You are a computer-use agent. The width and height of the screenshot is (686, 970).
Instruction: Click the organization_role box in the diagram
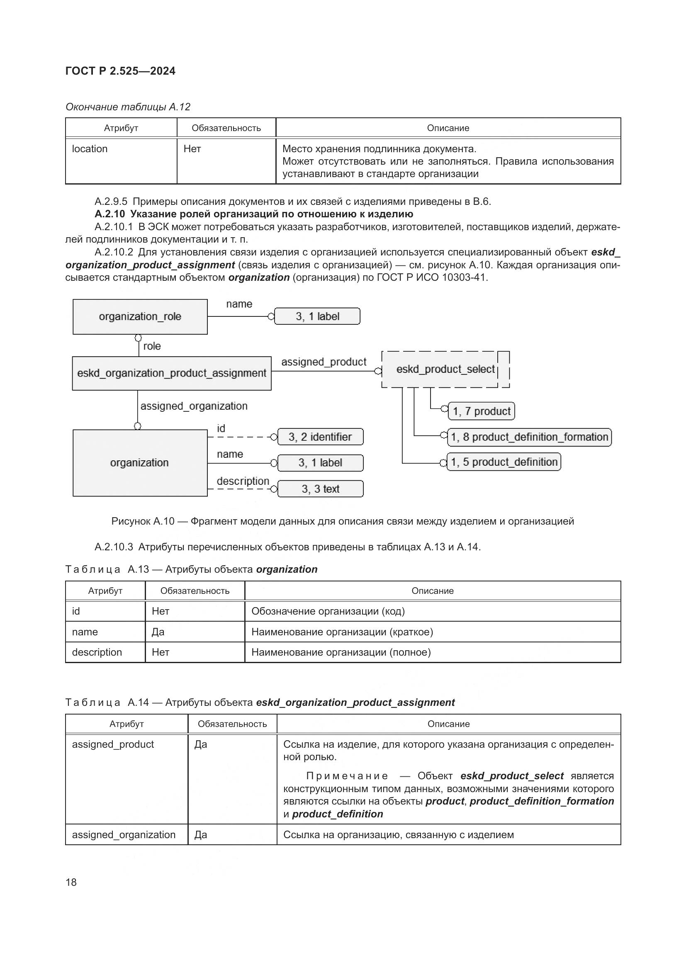[140, 316]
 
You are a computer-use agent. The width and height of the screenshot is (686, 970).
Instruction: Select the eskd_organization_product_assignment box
[172, 373]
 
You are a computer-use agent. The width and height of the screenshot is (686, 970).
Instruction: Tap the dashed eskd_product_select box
[445, 369]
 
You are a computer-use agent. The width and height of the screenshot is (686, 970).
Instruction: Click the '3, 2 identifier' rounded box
[320, 437]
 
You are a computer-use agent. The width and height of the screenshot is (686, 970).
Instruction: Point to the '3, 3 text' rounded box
[320, 489]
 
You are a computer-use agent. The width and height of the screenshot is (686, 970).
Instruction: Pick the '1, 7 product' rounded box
[481, 411]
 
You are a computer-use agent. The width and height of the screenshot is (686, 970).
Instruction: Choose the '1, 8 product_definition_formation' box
[529, 437]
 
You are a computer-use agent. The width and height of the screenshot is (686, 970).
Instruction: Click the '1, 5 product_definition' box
[504, 462]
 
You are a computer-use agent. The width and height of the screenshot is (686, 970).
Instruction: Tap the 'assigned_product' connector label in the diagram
[324, 362]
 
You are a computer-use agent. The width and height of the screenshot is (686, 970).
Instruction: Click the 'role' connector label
[152, 346]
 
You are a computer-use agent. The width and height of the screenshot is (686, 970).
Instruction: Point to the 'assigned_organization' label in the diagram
[194, 406]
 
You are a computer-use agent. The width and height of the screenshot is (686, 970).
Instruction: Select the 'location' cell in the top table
[90, 149]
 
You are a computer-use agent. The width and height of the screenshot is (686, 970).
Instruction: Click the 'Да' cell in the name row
[158, 632]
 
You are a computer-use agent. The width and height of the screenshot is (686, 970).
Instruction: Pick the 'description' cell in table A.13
[97, 652]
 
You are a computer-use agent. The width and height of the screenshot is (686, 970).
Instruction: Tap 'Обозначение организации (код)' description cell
[328, 611]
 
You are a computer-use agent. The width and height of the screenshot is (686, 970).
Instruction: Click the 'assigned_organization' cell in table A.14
[123, 835]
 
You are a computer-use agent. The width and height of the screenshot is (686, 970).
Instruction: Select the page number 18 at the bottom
[71, 882]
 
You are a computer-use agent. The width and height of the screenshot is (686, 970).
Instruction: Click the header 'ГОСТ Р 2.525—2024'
[120, 71]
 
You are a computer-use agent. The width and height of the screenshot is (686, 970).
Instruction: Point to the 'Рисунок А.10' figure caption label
[143, 521]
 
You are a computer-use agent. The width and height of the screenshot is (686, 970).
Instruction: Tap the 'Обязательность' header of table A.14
[232, 724]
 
